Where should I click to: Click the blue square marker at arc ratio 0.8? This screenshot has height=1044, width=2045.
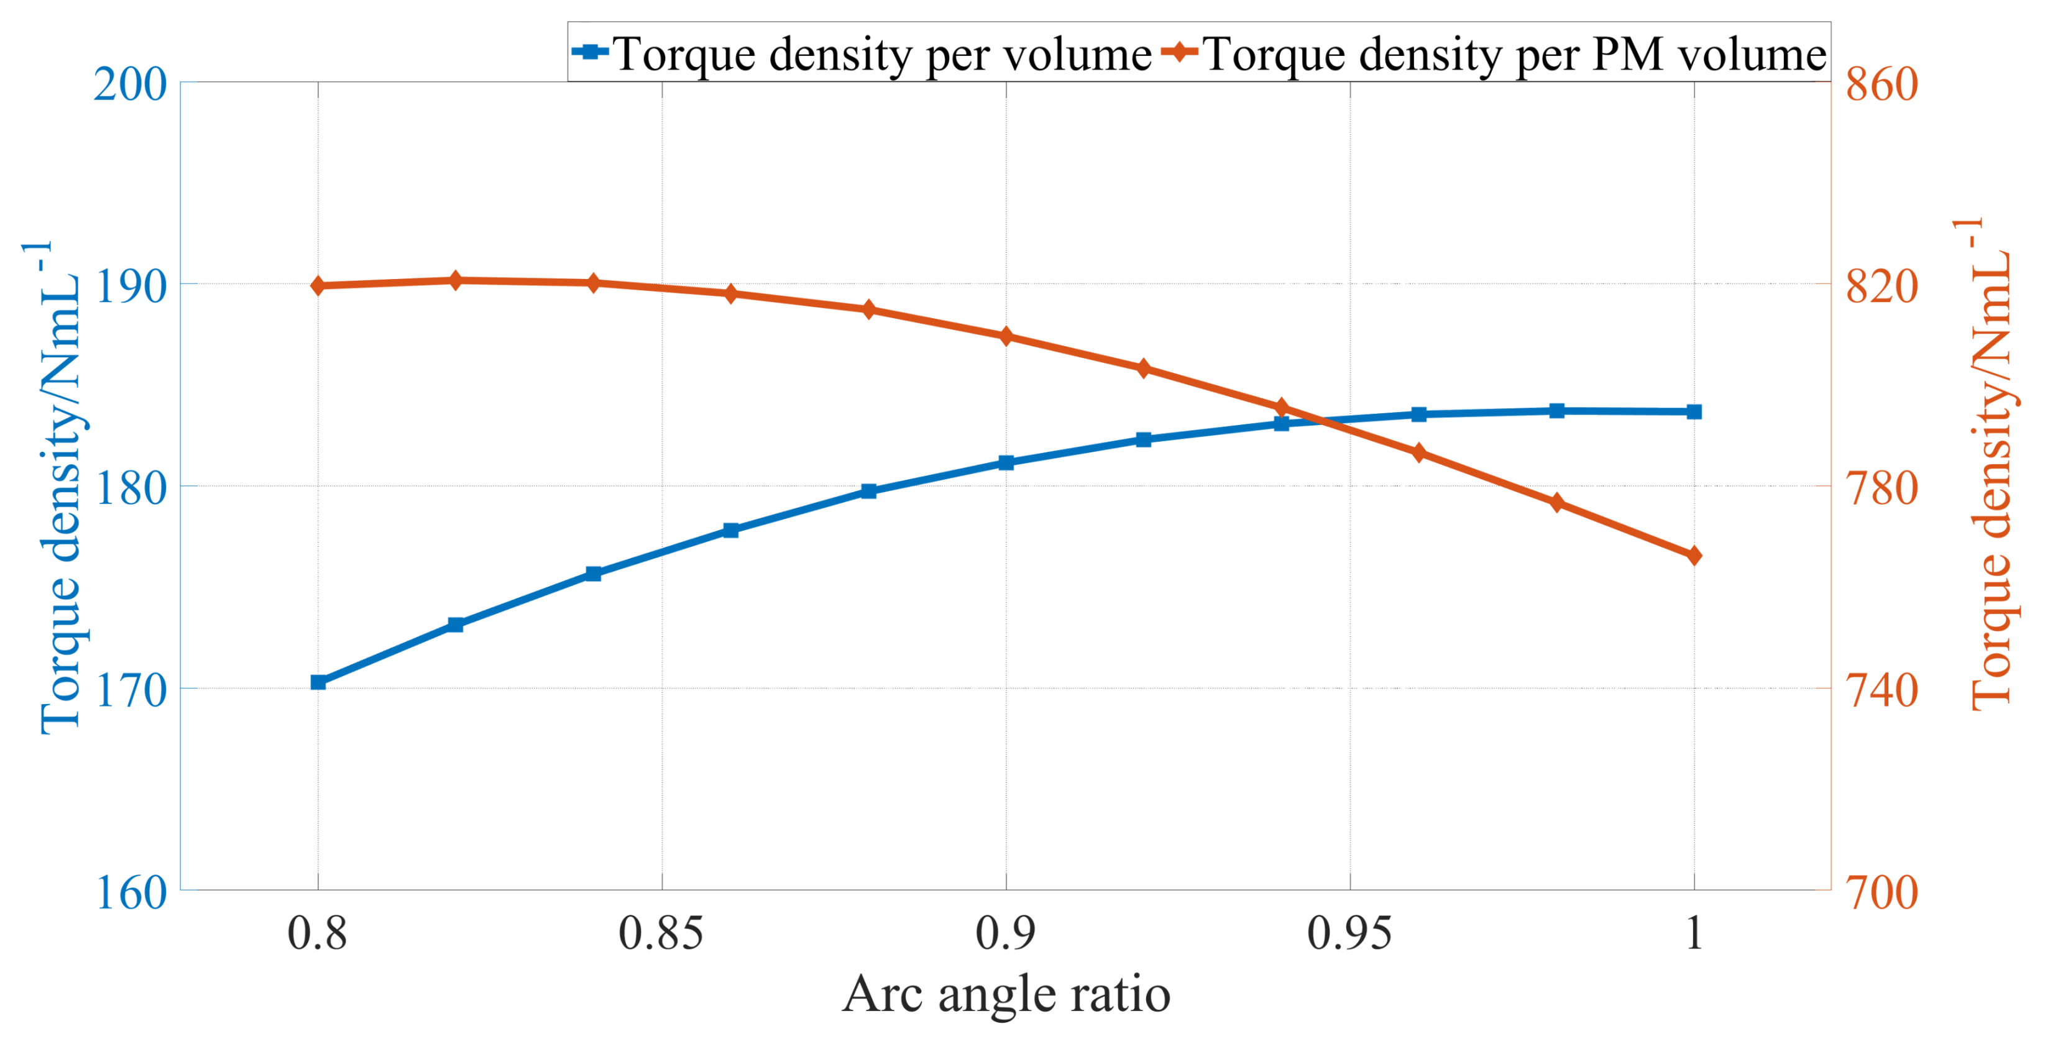[318, 682]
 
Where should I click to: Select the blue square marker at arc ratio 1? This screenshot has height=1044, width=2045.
[1693, 411]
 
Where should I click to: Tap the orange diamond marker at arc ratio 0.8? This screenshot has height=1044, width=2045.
[318, 286]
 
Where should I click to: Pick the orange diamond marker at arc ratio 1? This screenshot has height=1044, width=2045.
[1693, 555]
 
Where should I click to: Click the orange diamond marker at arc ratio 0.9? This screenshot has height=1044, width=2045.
[1006, 336]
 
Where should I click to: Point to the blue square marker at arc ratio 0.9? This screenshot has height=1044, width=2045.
[1006, 462]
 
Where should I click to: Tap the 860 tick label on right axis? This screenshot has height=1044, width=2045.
[1882, 83]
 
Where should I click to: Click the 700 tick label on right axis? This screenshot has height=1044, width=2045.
[1882, 892]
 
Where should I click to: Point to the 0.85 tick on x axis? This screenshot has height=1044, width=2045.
[661, 933]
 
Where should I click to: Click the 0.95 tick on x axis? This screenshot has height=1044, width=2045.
[1349, 933]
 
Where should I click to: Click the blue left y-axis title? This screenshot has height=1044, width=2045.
[60, 488]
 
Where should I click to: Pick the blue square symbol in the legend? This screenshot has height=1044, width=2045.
[590, 52]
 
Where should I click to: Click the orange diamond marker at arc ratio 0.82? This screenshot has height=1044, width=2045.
[456, 280]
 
